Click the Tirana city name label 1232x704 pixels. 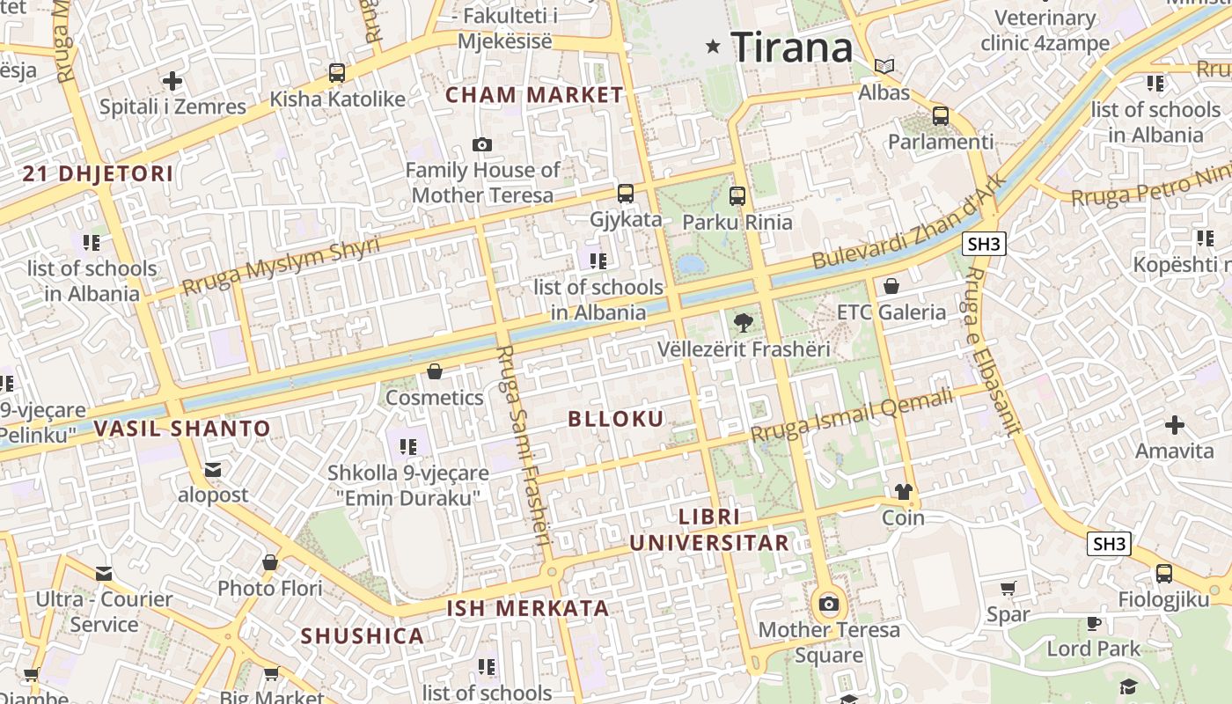pos(792,47)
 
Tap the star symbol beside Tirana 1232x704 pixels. pos(713,47)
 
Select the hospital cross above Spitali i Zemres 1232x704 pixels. pos(172,81)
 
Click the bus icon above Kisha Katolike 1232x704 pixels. pos(337,73)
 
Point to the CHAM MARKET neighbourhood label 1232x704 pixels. pos(534,95)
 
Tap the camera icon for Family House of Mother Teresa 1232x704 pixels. pos(481,144)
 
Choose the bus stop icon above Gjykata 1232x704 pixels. pos(626,193)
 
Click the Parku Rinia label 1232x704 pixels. pos(737,222)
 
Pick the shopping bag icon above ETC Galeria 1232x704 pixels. pos(891,286)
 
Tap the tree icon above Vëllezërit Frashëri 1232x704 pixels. pos(744,322)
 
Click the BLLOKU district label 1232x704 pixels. pos(616,419)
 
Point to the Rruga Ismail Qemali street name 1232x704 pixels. pos(852,417)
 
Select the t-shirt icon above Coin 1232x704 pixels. pos(904,491)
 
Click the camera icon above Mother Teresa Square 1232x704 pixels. pos(829,604)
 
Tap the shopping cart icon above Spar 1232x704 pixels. pos(1008,588)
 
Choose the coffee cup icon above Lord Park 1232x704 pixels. pos(1094,623)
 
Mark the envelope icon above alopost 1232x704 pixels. pos(213,469)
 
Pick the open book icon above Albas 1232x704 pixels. pos(884,66)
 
